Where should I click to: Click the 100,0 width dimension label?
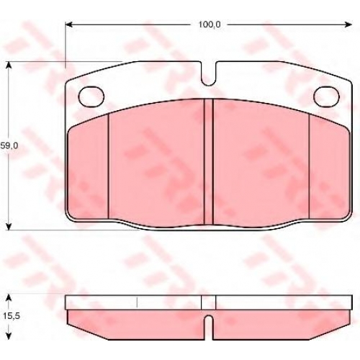[210, 24]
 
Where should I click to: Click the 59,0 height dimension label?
[9, 146]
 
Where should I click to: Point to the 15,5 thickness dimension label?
[12, 316]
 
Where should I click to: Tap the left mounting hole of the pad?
[91, 96]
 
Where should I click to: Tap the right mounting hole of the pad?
[326, 96]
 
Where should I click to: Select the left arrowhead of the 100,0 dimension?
[69, 24]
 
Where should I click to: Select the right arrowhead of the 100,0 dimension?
[348, 24]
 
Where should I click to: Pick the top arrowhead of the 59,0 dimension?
[9, 66]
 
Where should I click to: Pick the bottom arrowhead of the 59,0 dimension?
[9, 226]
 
